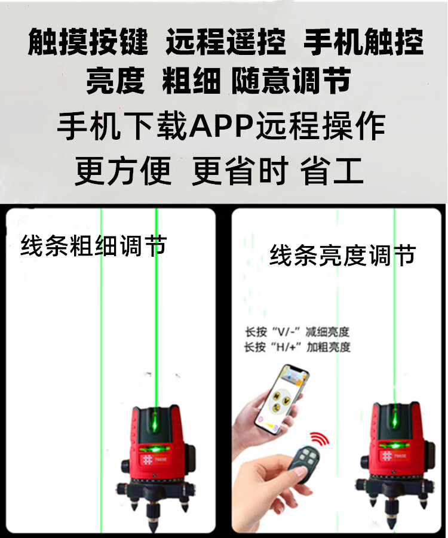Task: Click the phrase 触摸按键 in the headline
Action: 88,42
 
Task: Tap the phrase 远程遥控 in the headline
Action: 226,42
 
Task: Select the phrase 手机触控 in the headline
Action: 364,42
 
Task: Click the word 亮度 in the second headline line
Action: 115,81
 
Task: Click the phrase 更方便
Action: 123,171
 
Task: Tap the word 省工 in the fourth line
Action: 332,171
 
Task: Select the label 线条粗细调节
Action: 94,245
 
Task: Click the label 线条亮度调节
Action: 343,256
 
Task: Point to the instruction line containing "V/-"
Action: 297,332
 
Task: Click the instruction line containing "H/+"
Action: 297,347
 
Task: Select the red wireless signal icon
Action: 320,438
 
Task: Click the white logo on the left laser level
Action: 147,460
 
